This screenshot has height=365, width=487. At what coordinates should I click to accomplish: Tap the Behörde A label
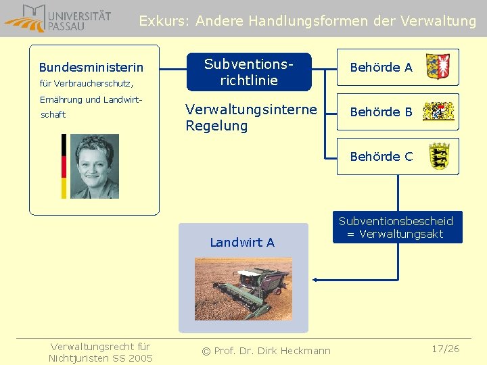click(381, 68)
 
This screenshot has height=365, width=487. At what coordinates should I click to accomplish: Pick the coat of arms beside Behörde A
click(438, 67)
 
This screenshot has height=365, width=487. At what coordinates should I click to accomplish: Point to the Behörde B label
click(381, 112)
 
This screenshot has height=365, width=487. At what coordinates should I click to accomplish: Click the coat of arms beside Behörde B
click(438, 112)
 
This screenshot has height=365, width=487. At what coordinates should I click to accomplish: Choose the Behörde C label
click(381, 157)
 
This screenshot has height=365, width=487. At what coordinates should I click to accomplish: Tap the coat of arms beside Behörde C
click(438, 156)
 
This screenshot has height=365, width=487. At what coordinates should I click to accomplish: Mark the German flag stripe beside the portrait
click(64, 166)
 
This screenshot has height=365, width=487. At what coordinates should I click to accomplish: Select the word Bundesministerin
click(91, 68)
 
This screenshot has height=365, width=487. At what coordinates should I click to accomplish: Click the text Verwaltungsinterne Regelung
click(251, 118)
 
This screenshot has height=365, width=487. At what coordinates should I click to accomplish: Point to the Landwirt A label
click(242, 243)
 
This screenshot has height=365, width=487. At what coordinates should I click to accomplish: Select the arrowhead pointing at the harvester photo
click(316, 278)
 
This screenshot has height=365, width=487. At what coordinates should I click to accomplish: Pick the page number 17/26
click(446, 349)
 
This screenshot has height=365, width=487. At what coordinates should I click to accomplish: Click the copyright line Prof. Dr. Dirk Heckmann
click(266, 350)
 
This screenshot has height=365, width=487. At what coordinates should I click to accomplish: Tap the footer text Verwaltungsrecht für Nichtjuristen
click(100, 352)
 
